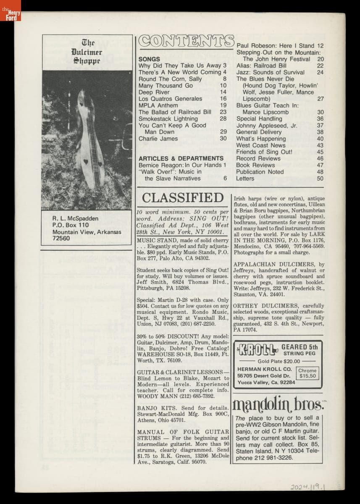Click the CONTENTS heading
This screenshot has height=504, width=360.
pyautogui.click(x=186, y=41)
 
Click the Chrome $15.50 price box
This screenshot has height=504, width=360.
pyautogui.click(x=307, y=373)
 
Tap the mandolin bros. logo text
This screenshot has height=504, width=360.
pyautogui.click(x=278, y=404)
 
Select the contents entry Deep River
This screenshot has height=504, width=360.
pyautogui.click(x=154, y=92)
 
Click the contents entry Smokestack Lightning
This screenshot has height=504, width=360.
pyautogui.click(x=168, y=119)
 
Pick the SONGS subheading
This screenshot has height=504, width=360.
pyautogui.click(x=149, y=59)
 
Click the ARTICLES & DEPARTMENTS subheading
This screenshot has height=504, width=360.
pyautogui.click(x=181, y=158)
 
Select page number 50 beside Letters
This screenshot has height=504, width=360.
pyautogui.click(x=320, y=178)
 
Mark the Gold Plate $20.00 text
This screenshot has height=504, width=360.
pyautogui.click(x=279, y=361)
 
